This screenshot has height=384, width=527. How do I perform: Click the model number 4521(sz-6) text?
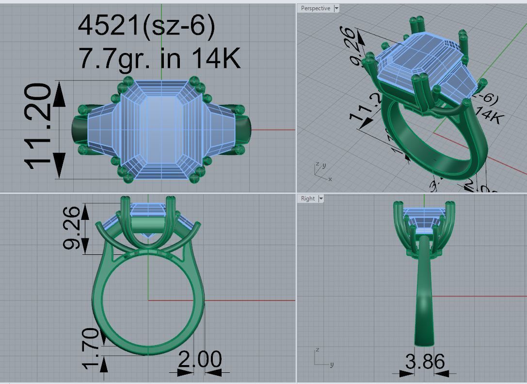coord(146,25)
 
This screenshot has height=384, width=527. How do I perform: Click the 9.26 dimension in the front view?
coord(72,227)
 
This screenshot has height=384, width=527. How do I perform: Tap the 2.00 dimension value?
coord(199,360)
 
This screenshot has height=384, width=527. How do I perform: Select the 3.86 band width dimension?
coord(425,362)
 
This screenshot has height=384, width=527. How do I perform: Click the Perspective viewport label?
coord(315,8)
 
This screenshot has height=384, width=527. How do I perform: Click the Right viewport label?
coord(307,199)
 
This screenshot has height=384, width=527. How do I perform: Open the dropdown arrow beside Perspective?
coord(336,8)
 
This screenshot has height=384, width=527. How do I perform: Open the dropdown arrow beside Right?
coord(320,199)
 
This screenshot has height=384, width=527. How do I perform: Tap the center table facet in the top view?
coord(160,129)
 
